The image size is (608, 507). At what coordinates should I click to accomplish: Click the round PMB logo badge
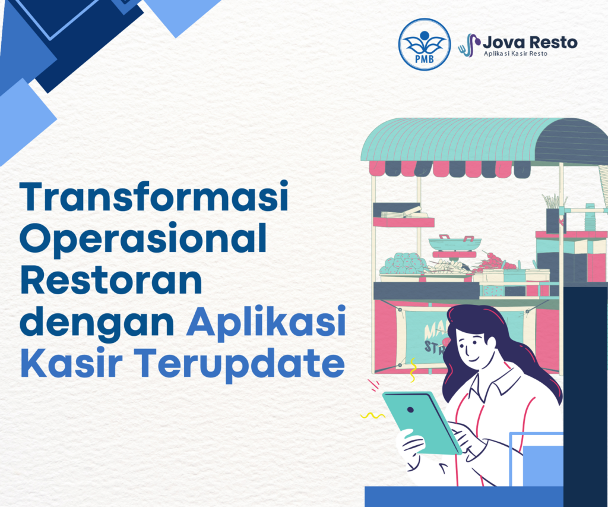tap(425, 44)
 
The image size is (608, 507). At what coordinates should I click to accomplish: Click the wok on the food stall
tap(454, 243)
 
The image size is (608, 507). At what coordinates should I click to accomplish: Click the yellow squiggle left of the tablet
tap(373, 415)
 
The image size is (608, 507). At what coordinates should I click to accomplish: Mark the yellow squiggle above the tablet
tap(412, 370)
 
